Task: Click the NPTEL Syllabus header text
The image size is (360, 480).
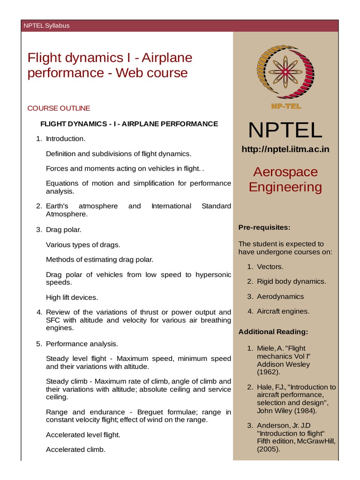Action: [x=46, y=25]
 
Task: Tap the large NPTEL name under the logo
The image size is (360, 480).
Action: [x=285, y=130]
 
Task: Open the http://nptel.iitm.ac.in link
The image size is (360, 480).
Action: [x=285, y=149]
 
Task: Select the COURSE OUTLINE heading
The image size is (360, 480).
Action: [x=59, y=108]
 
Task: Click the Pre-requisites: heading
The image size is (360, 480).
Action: [x=264, y=227]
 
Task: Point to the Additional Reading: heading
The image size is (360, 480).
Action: [x=273, y=332]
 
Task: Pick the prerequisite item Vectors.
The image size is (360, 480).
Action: [x=270, y=267]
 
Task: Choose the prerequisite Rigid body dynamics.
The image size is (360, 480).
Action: [x=291, y=281]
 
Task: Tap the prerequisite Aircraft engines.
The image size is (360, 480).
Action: [x=283, y=311]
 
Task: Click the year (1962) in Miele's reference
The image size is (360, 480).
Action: [x=270, y=372]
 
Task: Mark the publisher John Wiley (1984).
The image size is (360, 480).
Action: [x=286, y=411]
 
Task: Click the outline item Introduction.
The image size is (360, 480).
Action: [x=66, y=139]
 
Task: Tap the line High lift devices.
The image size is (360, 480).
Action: [x=72, y=297]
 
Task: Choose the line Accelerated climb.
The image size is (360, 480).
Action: [x=75, y=450]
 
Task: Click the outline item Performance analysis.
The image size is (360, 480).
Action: [x=82, y=344]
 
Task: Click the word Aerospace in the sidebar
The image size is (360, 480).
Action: [x=285, y=172]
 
